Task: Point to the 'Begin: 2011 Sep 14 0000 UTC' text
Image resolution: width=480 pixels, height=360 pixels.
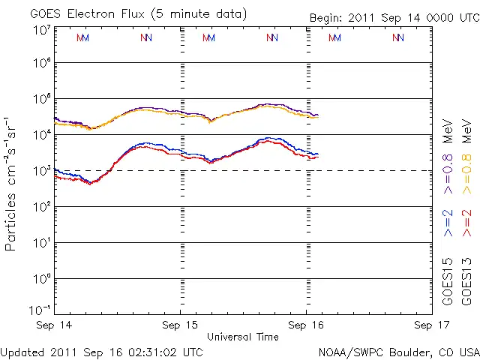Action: click(394, 17)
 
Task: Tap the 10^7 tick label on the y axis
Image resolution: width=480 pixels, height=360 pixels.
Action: click(41, 30)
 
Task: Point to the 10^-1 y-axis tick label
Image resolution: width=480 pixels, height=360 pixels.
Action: click(41, 309)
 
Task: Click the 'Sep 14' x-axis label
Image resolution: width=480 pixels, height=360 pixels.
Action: click(53, 325)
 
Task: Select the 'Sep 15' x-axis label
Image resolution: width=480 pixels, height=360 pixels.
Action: click(180, 325)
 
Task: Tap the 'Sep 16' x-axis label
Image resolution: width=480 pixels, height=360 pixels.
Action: click(306, 325)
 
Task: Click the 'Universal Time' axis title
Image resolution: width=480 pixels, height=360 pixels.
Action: click(243, 337)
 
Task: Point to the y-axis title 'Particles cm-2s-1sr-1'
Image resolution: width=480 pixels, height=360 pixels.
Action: click(12, 184)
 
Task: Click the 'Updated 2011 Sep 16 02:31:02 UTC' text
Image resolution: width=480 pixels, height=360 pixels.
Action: click(101, 351)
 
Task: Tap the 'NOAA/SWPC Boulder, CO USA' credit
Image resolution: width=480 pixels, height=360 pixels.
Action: click(398, 351)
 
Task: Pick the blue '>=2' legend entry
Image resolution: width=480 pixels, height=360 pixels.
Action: click(448, 223)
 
